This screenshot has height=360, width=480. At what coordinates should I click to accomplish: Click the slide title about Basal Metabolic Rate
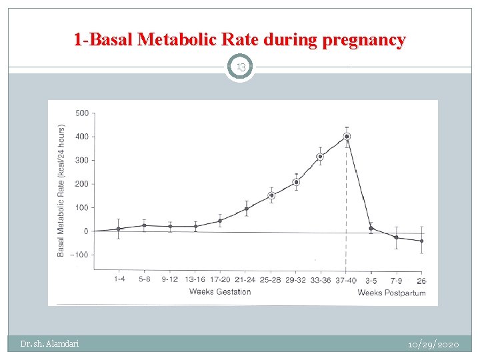pyautogui.click(x=239, y=40)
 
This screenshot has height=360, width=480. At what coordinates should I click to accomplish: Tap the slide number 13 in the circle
pyautogui.click(x=239, y=67)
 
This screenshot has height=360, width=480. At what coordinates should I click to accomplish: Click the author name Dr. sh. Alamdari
pyautogui.click(x=49, y=344)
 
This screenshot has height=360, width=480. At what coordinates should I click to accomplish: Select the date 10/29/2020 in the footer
pyautogui.click(x=433, y=344)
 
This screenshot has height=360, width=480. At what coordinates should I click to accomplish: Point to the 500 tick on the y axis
pyautogui.click(x=81, y=113)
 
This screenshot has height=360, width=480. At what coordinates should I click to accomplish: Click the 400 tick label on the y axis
pyautogui.click(x=81, y=137)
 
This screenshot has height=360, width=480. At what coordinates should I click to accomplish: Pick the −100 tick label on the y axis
pyautogui.click(x=79, y=255)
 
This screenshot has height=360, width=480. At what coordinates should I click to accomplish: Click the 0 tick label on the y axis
pyautogui.click(x=85, y=231)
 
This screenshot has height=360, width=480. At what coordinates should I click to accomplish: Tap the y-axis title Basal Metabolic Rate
pyautogui.click(x=61, y=190)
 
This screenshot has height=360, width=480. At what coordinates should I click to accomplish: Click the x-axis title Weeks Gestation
pyautogui.click(x=220, y=291)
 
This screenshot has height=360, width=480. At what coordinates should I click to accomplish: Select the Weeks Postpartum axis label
pyautogui.click(x=391, y=293)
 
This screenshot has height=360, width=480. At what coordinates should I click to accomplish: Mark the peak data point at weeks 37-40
pyautogui.click(x=347, y=137)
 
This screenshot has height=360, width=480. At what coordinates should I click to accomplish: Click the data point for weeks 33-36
pyautogui.click(x=320, y=157)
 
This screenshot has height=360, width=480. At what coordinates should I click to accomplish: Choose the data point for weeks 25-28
pyautogui.click(x=271, y=195)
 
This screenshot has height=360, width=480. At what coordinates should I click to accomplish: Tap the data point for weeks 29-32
pyautogui.click(x=296, y=182)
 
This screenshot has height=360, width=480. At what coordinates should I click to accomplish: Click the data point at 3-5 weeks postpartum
pyautogui.click(x=371, y=229)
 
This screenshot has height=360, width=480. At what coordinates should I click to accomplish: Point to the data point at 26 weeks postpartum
pyautogui.click(x=421, y=241)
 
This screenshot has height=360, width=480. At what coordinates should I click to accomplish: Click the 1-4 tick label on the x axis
pyautogui.click(x=119, y=279)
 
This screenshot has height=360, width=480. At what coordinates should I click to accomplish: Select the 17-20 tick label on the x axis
pyautogui.click(x=220, y=279)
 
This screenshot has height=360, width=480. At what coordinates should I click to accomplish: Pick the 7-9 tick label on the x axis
pyautogui.click(x=396, y=281)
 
